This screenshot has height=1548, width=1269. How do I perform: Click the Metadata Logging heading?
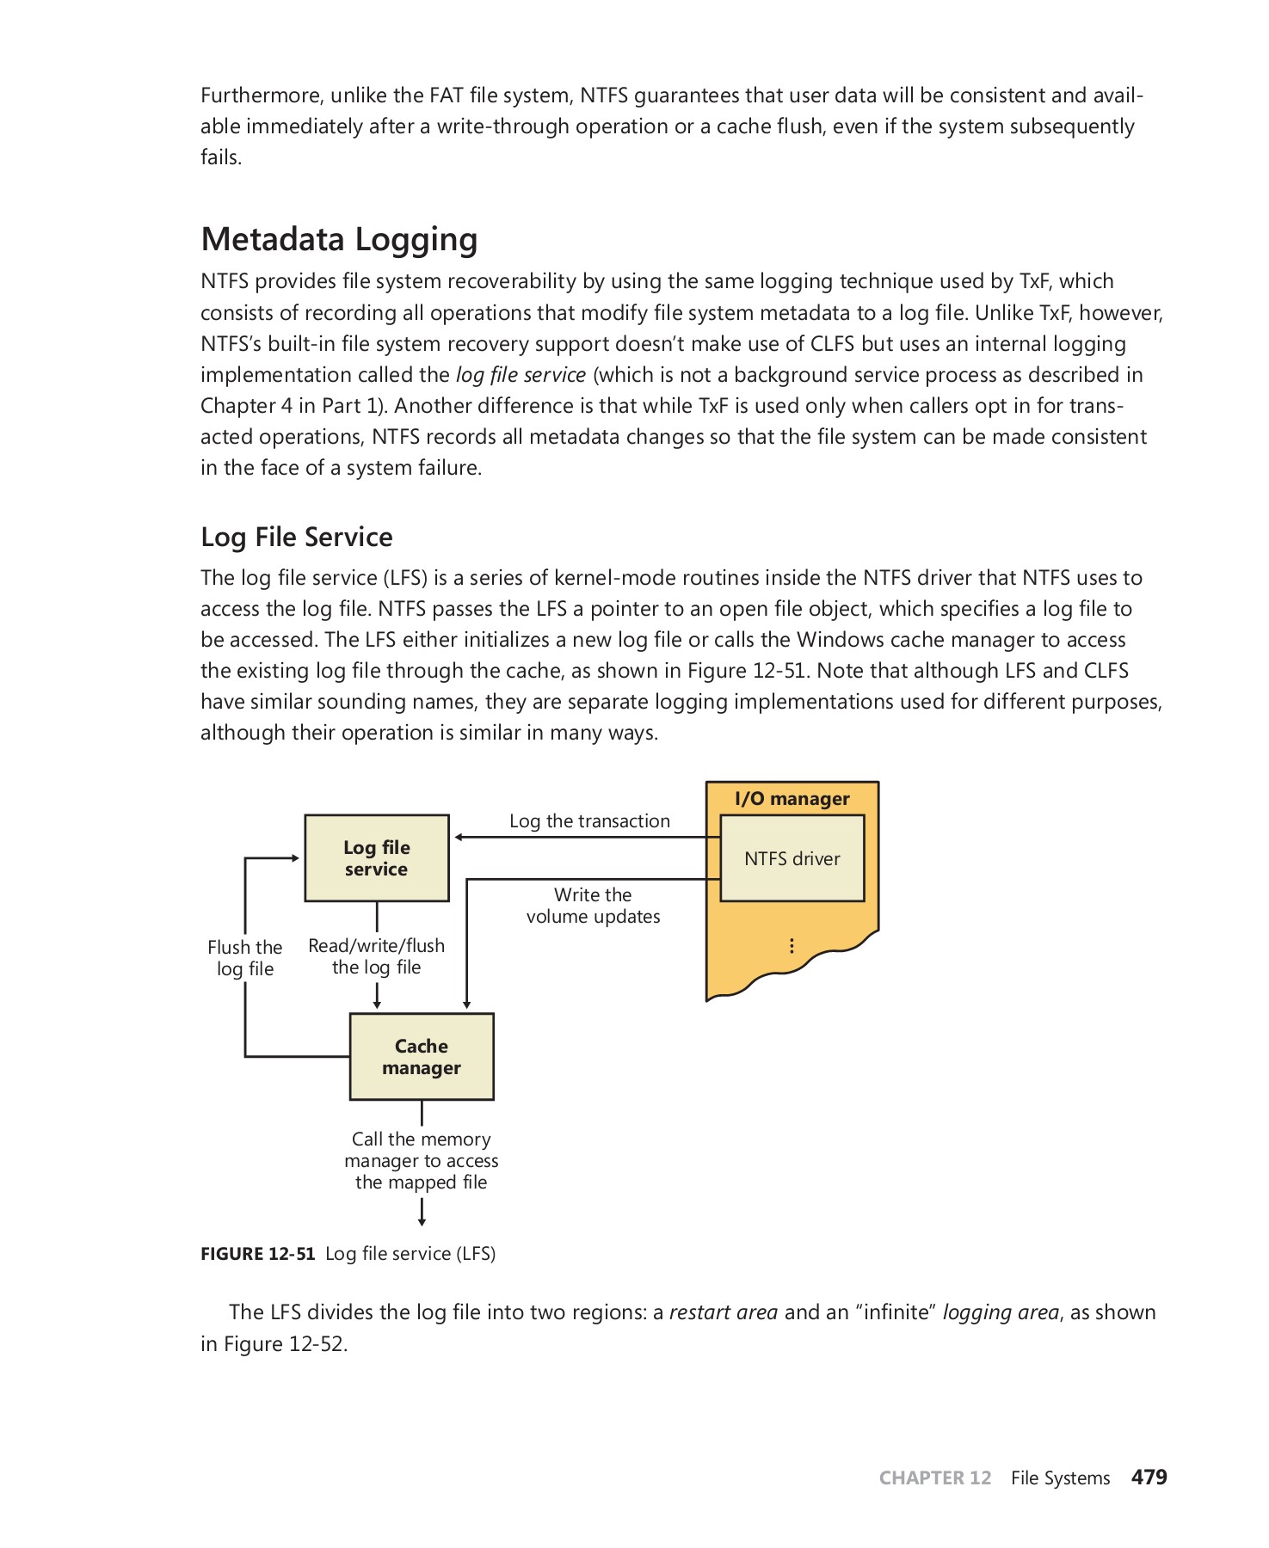pos(339,239)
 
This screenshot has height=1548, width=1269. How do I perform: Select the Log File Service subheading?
pos(296,537)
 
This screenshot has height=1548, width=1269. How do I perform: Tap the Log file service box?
pos(377,858)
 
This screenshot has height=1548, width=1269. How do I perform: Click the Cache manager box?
pos(422,1056)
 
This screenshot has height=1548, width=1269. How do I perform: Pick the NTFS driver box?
pos(792,858)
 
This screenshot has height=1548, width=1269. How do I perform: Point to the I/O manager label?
pos(792,799)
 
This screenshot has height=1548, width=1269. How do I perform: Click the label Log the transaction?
pos(589,821)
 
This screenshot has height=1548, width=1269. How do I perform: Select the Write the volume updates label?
pos(593,906)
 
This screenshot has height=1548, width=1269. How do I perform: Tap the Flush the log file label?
pos(245,958)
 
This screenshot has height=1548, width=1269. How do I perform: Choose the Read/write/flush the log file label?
pos(377,956)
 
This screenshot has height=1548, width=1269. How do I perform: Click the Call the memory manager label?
pos(422,1160)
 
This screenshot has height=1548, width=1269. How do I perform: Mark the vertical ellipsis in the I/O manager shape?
pos(792,946)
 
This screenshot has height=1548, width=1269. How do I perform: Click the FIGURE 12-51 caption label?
pos(258,1254)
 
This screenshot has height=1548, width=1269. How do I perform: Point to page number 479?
pos(1149,1477)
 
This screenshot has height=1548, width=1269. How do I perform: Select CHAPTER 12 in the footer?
pos(935,1478)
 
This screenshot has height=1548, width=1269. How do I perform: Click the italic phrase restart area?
pos(723,1312)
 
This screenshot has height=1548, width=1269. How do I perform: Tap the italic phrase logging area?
pos(1001,1312)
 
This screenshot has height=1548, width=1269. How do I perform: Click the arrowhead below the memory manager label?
pos(422,1220)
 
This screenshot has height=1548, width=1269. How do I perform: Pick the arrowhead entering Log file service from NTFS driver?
pos(459,837)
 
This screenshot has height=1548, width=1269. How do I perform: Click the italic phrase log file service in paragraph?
pos(521,375)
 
